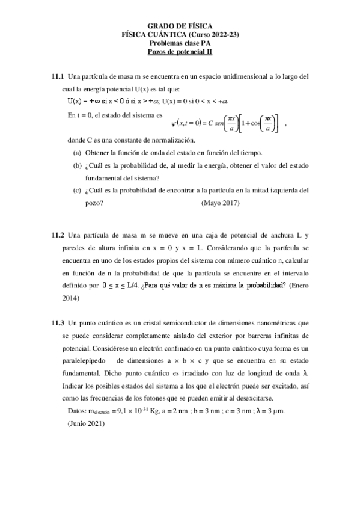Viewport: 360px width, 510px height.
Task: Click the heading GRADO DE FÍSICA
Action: (180, 27)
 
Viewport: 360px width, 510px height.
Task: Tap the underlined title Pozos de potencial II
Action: (180, 52)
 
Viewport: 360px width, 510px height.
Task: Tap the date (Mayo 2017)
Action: (221, 203)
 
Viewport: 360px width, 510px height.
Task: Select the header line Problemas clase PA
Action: (180, 43)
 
